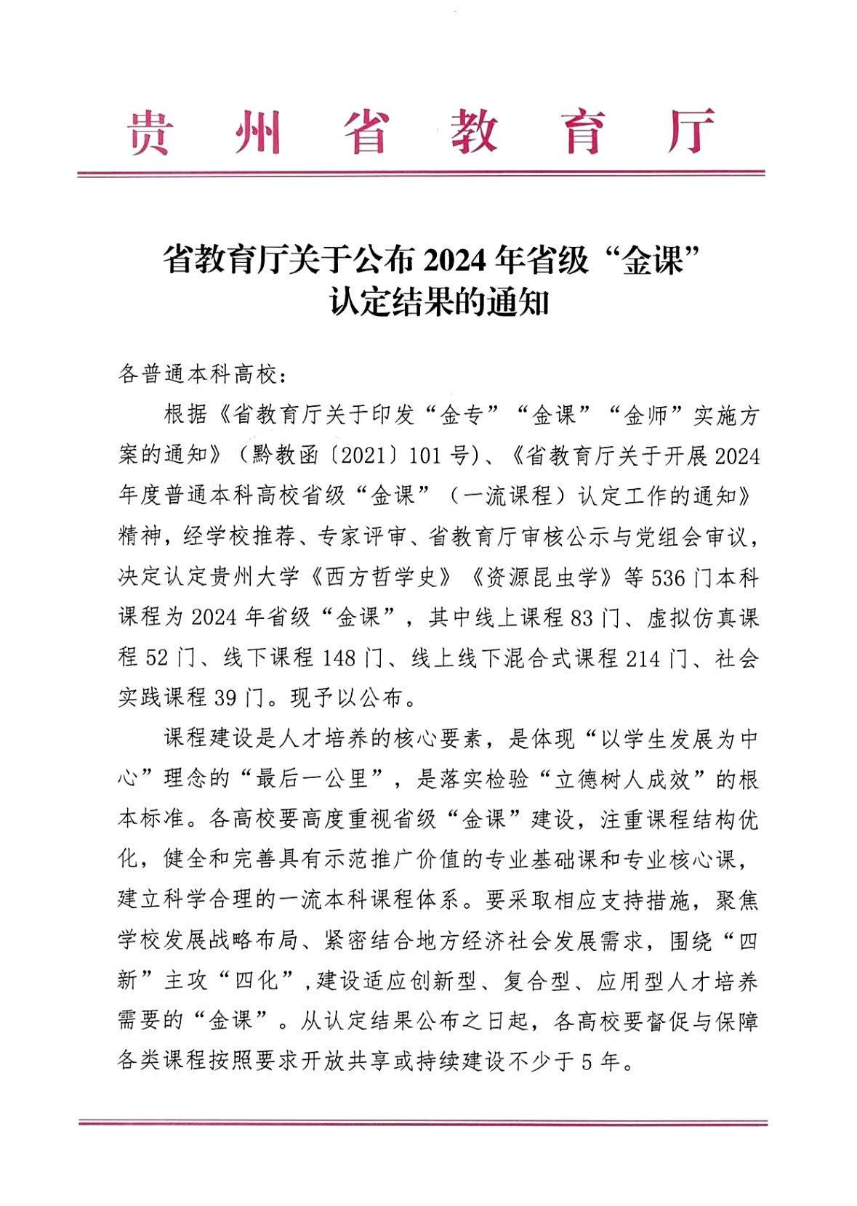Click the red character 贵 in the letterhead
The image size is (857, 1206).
150,133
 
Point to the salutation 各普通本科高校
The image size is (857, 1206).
198,375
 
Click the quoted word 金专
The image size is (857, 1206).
462,416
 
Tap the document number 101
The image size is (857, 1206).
425,456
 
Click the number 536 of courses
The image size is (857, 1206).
668,578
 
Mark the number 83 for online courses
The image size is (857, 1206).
582,618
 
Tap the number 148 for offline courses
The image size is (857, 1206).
339,659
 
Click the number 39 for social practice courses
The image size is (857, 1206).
225,699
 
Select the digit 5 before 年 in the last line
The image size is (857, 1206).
587,1063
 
